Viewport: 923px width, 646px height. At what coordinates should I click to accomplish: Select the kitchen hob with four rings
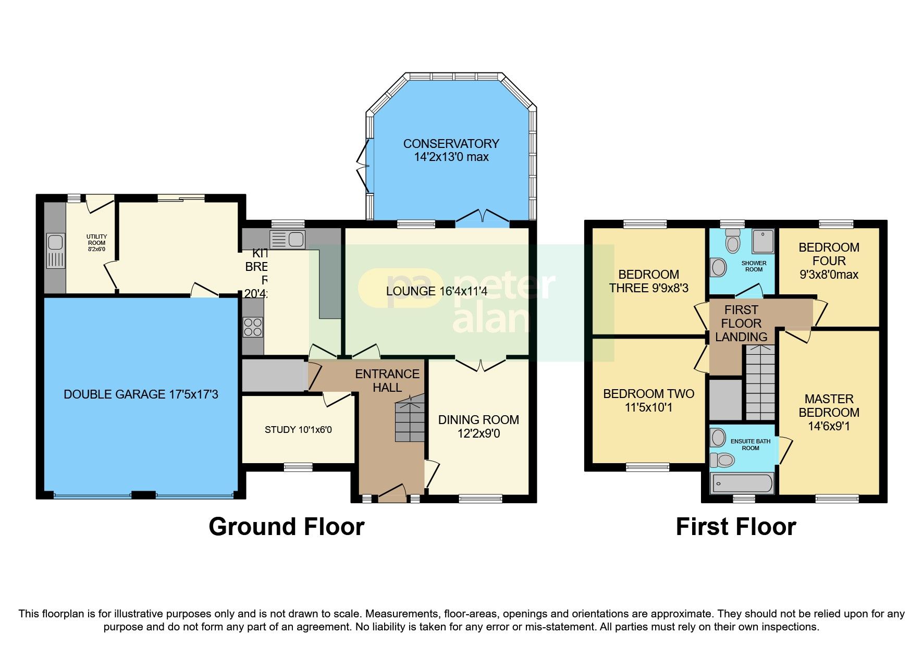point(253,327)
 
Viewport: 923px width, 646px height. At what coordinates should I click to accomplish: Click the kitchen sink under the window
point(287,240)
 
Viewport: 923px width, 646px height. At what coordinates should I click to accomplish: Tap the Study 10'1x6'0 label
point(298,430)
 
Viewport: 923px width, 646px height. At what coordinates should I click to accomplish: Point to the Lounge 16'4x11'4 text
point(437,291)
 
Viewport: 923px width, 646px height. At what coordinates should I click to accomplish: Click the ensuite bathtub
point(742,483)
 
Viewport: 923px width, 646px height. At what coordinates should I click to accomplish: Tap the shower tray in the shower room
point(762,241)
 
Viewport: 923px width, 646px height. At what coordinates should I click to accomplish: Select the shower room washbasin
point(719,268)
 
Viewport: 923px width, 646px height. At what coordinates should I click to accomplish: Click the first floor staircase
point(759,383)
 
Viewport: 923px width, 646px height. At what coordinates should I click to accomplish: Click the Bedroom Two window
point(647,467)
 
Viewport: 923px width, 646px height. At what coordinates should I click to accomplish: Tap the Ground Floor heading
point(286,527)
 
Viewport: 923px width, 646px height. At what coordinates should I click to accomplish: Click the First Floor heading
point(735,527)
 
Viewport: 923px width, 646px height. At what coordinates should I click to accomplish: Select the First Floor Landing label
point(741,323)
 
